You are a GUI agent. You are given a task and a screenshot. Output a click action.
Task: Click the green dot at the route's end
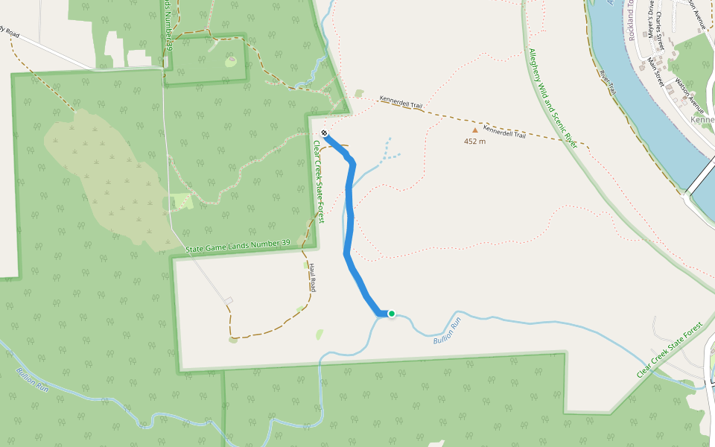click(x=391, y=314)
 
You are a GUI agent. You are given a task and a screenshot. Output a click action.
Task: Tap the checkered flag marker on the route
click(x=324, y=133)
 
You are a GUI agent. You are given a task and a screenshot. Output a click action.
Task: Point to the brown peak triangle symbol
click(x=475, y=130)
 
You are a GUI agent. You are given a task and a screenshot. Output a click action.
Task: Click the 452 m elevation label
click(x=474, y=141)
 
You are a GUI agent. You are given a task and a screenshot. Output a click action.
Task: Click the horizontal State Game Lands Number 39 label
click(x=238, y=245)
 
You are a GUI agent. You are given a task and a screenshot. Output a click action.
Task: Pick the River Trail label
click(x=608, y=82)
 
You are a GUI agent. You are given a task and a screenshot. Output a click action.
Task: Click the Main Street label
click(x=656, y=72)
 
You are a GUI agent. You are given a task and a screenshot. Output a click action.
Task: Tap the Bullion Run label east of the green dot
click(x=447, y=331)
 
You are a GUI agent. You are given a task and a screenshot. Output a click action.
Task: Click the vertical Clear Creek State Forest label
click(x=318, y=182)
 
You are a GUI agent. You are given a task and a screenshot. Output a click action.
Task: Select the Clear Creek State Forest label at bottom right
click(x=670, y=350)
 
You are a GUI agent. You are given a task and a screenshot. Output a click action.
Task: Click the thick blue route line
click(x=349, y=223)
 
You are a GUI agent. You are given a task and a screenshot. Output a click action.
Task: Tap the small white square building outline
click(x=229, y=301)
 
